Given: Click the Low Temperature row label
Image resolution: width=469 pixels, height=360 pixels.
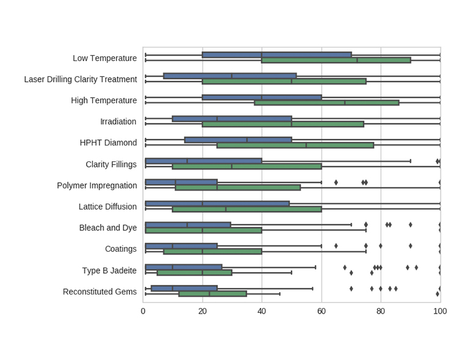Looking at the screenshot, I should [x=104, y=58].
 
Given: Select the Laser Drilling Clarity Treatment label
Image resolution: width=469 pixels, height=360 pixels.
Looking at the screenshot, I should [x=80, y=79].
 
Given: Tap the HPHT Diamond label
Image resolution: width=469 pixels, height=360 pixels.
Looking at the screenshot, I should [x=108, y=142].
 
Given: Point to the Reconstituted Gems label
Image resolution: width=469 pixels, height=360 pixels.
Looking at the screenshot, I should [x=100, y=292].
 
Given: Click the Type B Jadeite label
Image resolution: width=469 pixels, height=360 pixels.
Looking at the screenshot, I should [x=109, y=270].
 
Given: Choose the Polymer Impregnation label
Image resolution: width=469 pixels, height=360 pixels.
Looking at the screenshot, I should [x=96, y=185].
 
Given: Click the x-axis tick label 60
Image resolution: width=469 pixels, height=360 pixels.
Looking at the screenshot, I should [x=321, y=311].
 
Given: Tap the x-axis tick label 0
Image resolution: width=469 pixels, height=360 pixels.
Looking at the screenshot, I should [x=143, y=311].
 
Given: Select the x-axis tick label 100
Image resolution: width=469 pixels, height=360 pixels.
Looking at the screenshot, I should [x=440, y=311].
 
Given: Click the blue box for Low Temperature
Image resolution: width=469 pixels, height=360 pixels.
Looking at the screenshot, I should [x=277, y=55].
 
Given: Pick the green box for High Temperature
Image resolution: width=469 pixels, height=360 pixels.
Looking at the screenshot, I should [x=327, y=103].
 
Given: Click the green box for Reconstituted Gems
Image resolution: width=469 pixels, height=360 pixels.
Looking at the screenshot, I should [x=213, y=294].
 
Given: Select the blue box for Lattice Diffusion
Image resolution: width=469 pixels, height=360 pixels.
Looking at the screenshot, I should [x=217, y=204].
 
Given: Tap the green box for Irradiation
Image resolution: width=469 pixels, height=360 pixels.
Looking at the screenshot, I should [x=283, y=124].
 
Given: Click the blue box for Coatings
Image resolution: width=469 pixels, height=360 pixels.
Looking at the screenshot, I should [x=181, y=246].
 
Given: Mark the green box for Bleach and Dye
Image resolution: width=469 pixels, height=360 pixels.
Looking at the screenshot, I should [x=203, y=230].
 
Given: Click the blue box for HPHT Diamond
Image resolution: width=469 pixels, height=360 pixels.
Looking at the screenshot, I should [x=238, y=140].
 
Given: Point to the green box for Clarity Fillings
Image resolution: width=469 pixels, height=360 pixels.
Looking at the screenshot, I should [x=247, y=166].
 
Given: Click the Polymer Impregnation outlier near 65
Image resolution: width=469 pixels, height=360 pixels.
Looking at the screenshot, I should [x=336, y=182].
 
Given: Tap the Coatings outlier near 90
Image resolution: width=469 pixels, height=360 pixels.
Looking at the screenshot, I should [x=410, y=246].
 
